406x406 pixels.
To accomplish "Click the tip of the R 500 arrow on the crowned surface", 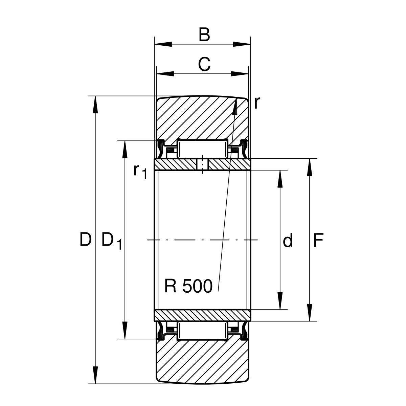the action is (236, 98).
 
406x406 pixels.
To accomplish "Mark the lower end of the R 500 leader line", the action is (218, 292).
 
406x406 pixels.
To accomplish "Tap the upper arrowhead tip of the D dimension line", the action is (95, 96).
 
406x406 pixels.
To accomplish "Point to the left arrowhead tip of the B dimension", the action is (154, 44).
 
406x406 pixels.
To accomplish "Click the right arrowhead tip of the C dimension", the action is (248, 74).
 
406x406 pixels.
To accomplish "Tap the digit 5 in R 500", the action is (188, 286).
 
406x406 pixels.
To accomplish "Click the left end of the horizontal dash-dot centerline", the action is (147, 240).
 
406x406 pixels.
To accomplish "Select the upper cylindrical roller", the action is (202, 149).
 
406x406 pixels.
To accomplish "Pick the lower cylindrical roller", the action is (202, 331).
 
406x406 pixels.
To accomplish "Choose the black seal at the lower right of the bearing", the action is (244, 331).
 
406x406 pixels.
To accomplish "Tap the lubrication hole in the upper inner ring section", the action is (202, 164).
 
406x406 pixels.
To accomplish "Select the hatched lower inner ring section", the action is (202, 315).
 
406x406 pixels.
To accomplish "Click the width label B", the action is (204, 35).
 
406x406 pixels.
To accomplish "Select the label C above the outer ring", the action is (204, 64).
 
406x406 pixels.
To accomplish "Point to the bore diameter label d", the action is (288, 240).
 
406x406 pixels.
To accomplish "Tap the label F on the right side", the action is (318, 240).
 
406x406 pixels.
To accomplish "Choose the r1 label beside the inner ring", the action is (140, 171).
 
